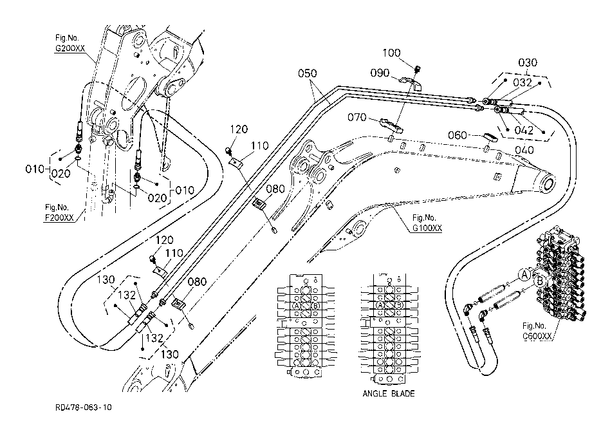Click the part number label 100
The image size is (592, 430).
tap(391, 53)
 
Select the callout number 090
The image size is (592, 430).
tap(380, 73)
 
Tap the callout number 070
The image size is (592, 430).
tap(356, 117)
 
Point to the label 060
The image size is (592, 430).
tap(458, 135)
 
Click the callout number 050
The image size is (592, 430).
tap(308, 73)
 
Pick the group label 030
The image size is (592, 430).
tap(528, 62)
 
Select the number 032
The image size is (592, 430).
tap(523, 82)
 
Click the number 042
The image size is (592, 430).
tap(524, 130)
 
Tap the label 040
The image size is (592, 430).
tap(524, 150)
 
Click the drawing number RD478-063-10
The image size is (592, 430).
tap(84, 407)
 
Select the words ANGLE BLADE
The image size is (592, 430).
tap(389, 393)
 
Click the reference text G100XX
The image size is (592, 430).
tap(427, 228)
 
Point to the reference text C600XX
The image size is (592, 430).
tap(537, 336)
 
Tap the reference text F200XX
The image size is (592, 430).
tap(59, 218)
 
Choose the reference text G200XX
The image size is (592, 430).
tap(70, 48)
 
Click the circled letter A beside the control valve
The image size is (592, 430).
tap(524, 275)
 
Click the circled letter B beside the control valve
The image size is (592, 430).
tap(540, 281)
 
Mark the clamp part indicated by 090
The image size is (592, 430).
tap(411, 83)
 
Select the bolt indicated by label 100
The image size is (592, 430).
tap(418, 69)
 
